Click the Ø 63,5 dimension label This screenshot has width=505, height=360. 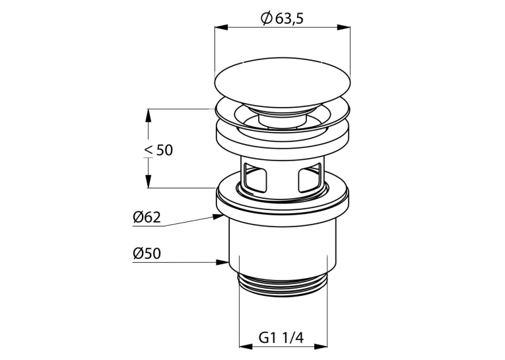pos(282,18)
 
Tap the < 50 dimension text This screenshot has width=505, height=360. pos(159,150)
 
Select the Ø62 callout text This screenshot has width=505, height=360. pos(147,217)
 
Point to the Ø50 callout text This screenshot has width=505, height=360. pos(147,254)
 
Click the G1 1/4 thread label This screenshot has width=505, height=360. pos(281,338)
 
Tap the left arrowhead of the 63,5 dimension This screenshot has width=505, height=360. pos(221,27)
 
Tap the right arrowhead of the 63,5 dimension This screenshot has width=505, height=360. pos(344,27)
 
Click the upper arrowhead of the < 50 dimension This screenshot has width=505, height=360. pos(148,116)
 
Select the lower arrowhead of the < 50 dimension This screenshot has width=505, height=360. pos(148,182)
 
